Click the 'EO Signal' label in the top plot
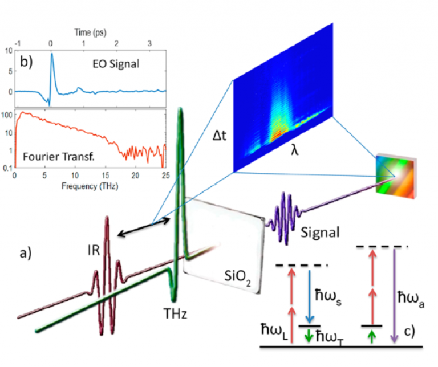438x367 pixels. (x=116, y=64)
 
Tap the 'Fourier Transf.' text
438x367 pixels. (x=59, y=157)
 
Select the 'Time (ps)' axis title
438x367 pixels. (x=90, y=32)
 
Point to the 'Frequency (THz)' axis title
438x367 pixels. (x=90, y=186)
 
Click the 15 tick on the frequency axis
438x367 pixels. (x=106, y=176)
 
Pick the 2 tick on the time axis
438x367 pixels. (x=116, y=43)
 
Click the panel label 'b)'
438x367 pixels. (x=26, y=61)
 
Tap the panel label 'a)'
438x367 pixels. (x=26, y=254)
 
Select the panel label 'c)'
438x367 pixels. (x=409, y=332)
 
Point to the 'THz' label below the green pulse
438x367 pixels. (x=175, y=313)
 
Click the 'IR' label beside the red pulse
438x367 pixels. (x=94, y=250)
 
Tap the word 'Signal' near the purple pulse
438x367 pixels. (x=320, y=233)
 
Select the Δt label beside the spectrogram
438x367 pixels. (x=219, y=136)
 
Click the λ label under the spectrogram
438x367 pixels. (x=294, y=149)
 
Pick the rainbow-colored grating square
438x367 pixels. (x=396, y=176)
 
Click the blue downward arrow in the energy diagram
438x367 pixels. (x=310, y=296)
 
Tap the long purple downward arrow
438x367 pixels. (x=394, y=296)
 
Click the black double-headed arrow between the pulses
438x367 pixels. (x=144, y=227)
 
